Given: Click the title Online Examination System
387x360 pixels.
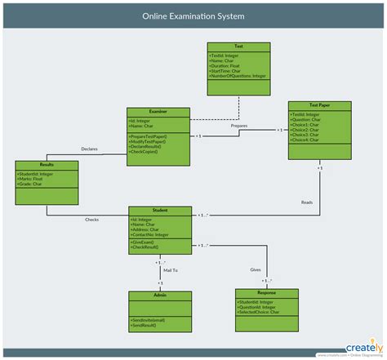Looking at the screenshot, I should [x=193, y=16].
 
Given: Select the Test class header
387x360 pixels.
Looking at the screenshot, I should [x=238, y=47].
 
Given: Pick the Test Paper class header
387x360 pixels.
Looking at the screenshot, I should [x=320, y=104].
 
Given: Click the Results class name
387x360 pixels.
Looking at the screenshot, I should [x=47, y=164].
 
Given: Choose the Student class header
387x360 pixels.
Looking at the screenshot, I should [x=160, y=210].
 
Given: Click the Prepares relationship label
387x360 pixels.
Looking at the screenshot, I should [x=238, y=126].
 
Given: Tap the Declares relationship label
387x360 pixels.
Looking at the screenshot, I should [x=90, y=149].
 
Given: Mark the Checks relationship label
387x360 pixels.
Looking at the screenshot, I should [x=92, y=220].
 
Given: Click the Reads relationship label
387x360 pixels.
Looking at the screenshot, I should [x=306, y=202].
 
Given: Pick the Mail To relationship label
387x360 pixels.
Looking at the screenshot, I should [x=170, y=269].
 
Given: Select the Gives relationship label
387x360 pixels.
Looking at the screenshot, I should [x=256, y=269].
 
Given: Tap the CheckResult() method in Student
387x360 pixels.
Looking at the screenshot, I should [x=146, y=248].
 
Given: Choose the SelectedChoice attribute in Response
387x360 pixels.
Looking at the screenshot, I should [x=259, y=311].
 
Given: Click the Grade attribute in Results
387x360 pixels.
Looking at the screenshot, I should [x=30, y=184].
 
